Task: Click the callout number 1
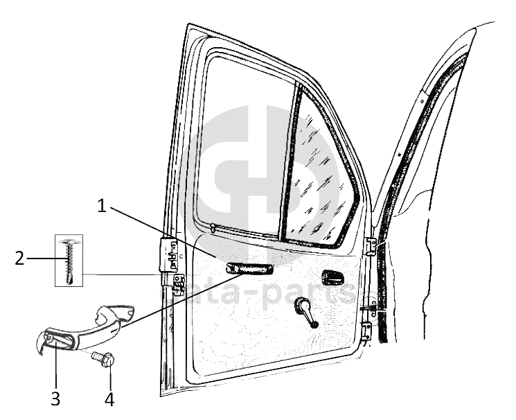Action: [103, 206]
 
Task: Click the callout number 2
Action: [19, 259]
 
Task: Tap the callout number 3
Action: [55, 399]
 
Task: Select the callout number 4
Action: [109, 399]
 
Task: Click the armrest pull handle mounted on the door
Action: [248, 270]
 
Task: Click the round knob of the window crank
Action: [314, 323]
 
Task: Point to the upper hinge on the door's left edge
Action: [168, 254]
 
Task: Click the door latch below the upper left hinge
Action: [178, 284]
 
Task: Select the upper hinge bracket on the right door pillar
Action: [371, 246]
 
